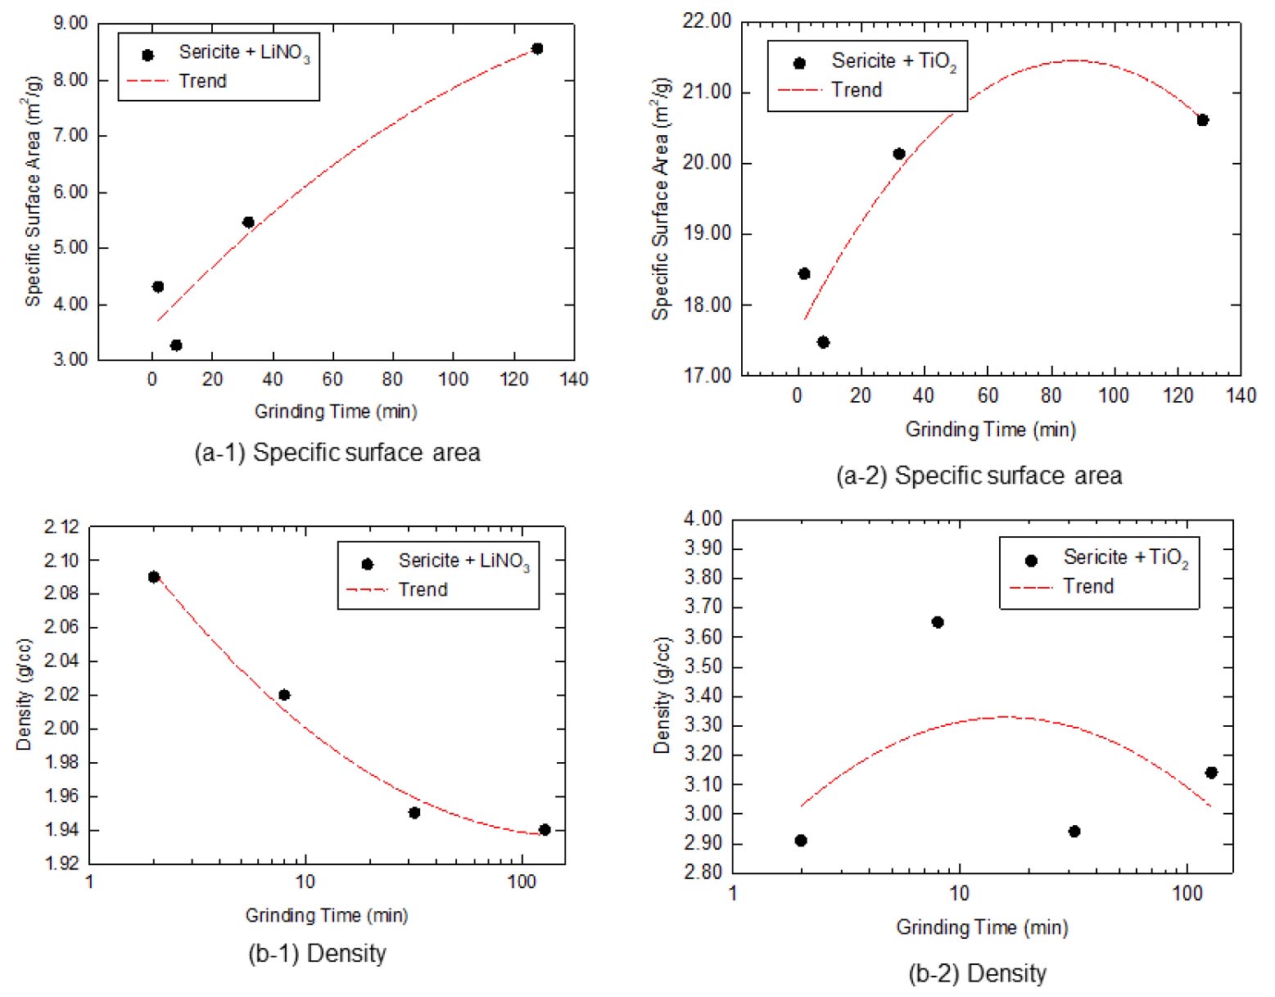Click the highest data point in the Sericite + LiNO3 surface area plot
(x=537, y=49)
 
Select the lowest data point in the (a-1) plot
(x=176, y=345)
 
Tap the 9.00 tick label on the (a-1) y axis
(x=70, y=23)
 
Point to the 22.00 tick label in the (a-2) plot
(x=707, y=21)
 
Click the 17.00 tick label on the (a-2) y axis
(x=707, y=376)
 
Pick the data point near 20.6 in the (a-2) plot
(x=1202, y=120)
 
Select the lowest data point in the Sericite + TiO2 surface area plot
(x=823, y=342)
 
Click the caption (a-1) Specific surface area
(x=337, y=453)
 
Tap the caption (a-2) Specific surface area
(x=979, y=476)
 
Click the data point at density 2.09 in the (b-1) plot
(x=154, y=577)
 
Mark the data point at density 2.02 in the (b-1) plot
(x=284, y=695)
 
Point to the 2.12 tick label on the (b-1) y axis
(x=61, y=526)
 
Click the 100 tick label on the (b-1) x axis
(x=522, y=882)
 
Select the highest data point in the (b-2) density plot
(x=938, y=622)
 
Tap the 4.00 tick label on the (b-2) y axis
(x=703, y=519)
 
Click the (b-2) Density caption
(x=978, y=973)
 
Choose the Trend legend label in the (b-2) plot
(x=1088, y=586)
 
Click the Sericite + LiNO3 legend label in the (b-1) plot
(x=463, y=561)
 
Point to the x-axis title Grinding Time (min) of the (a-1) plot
(x=336, y=411)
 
